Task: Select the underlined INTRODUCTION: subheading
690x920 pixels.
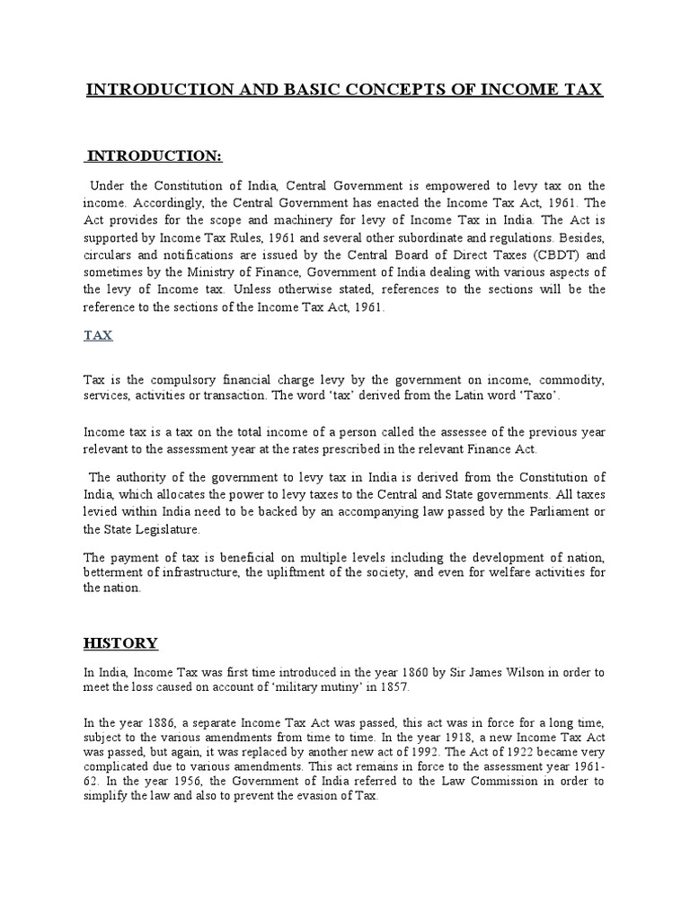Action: (x=166, y=157)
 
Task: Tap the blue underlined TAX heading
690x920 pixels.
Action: (x=97, y=334)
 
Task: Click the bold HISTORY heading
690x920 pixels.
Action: (x=120, y=642)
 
